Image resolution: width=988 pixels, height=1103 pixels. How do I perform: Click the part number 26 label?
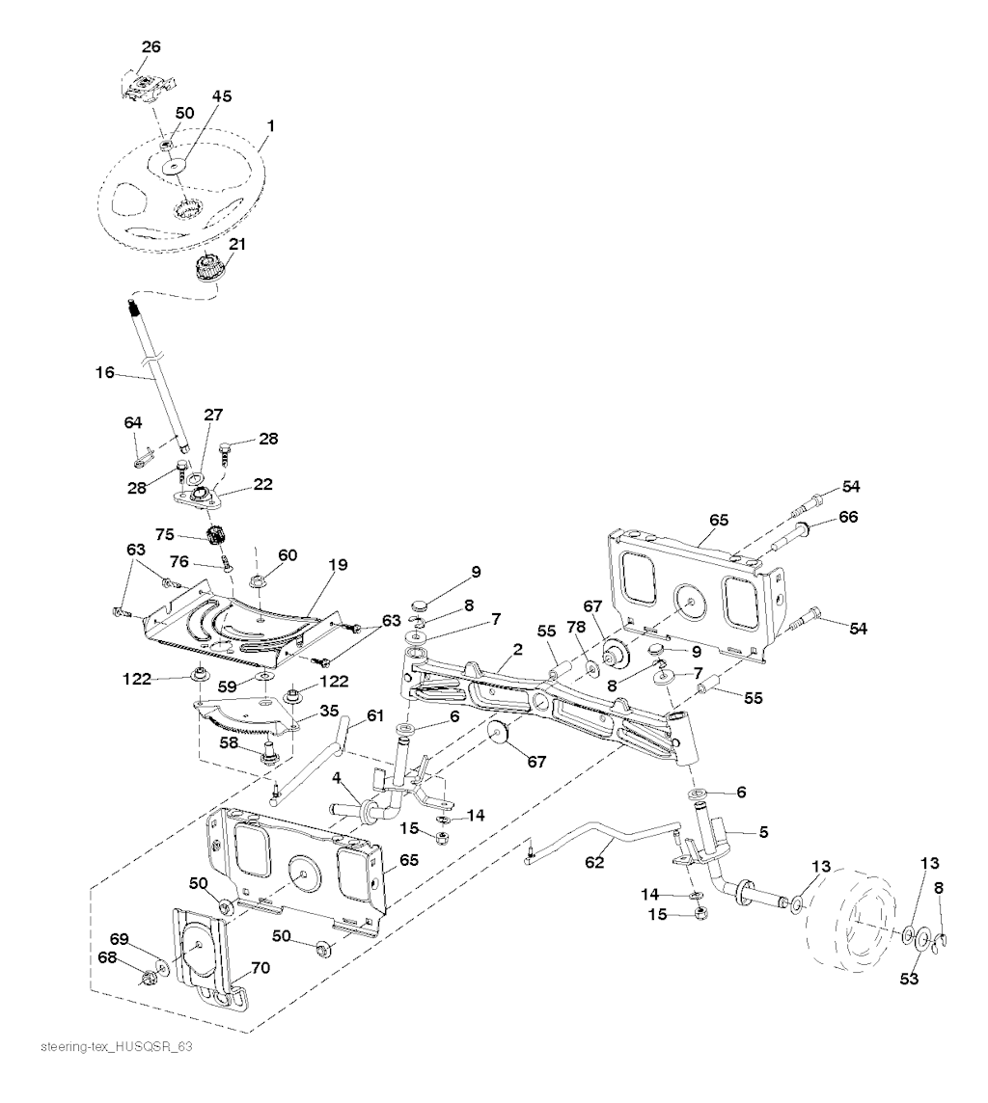tap(151, 45)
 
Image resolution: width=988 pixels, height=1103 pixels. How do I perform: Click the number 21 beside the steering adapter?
tap(236, 244)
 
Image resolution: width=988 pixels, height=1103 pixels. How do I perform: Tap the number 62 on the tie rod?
tap(594, 863)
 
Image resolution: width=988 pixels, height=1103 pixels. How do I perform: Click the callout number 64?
tap(132, 421)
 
